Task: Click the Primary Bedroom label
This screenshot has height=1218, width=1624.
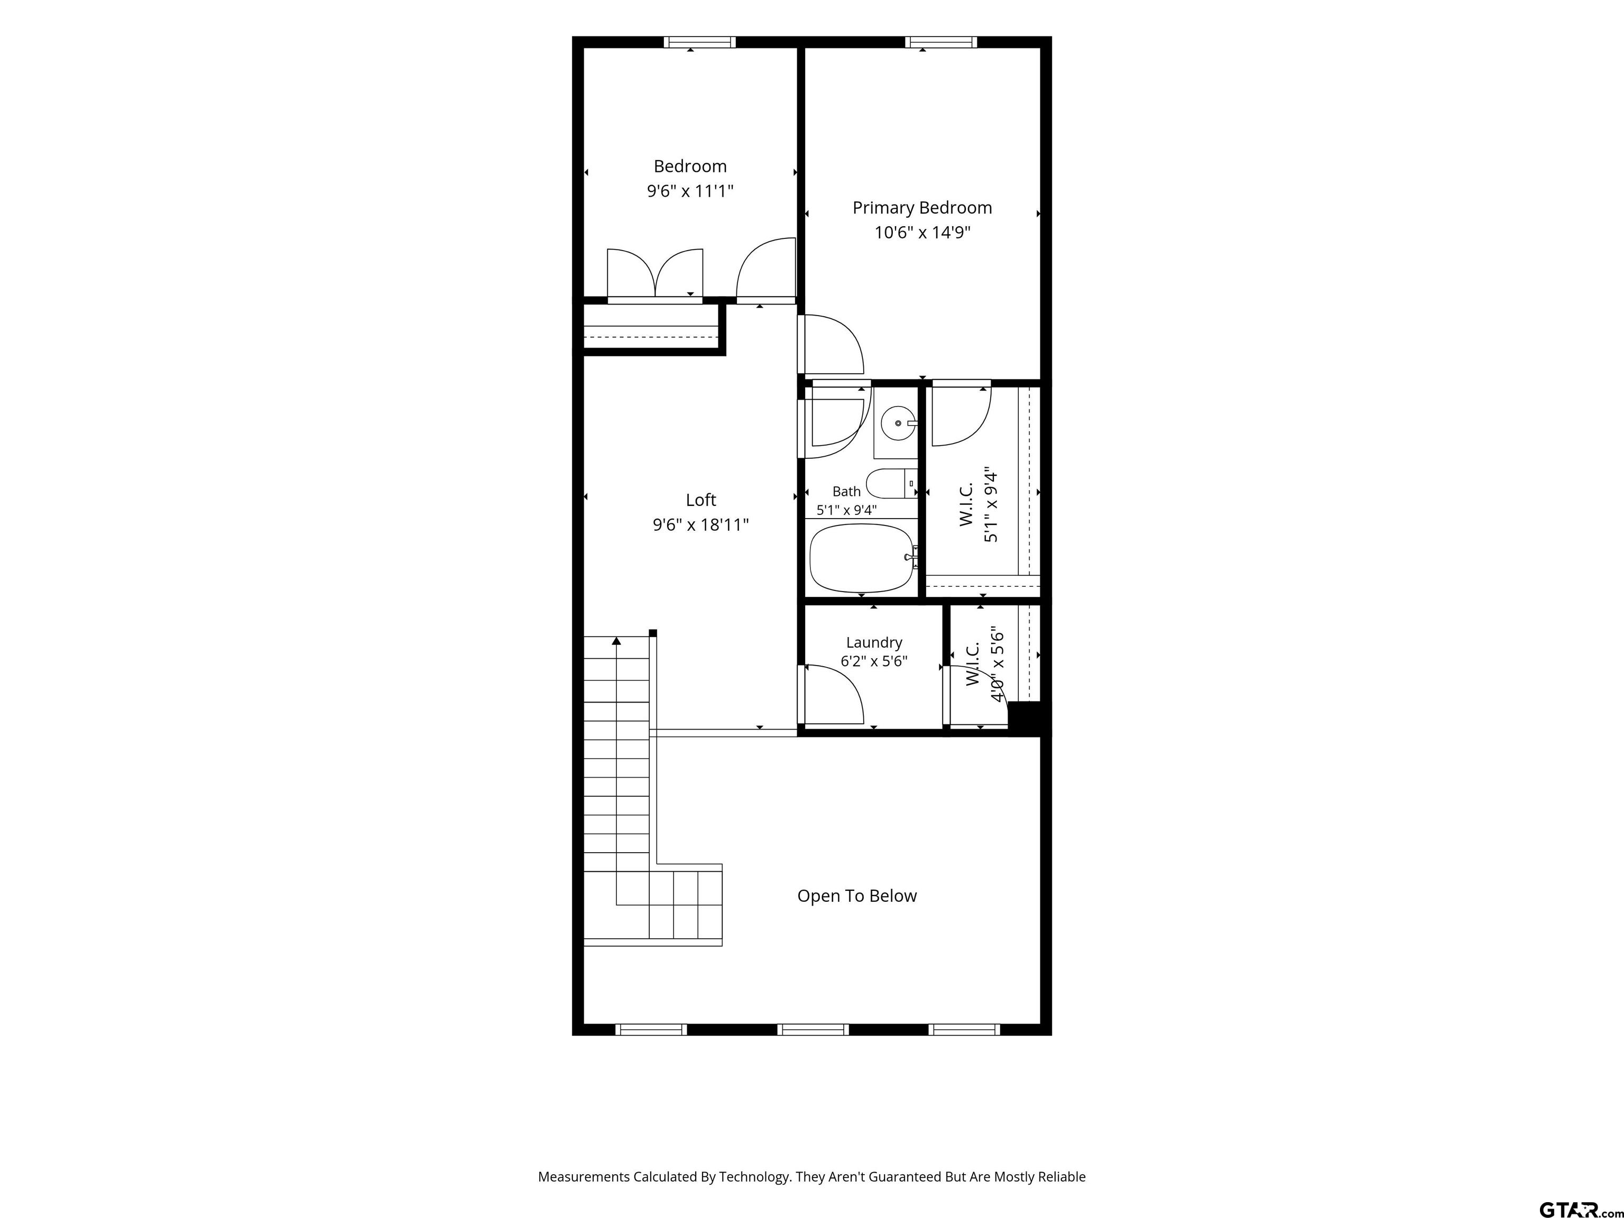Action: [x=922, y=208]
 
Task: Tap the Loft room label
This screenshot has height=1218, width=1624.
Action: [x=700, y=500]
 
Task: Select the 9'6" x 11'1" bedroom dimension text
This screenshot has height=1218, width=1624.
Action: [x=690, y=191]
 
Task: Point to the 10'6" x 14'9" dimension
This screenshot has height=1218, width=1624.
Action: [x=922, y=233]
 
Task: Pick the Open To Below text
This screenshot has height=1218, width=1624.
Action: [x=857, y=896]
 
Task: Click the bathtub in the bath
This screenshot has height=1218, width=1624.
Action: [x=862, y=558]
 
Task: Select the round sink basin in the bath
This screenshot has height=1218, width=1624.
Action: [x=897, y=423]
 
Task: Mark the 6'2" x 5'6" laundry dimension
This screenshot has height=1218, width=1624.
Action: [x=874, y=661]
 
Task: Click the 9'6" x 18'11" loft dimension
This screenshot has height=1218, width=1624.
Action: [x=700, y=525]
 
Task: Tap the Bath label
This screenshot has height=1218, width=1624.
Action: [x=846, y=492]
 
